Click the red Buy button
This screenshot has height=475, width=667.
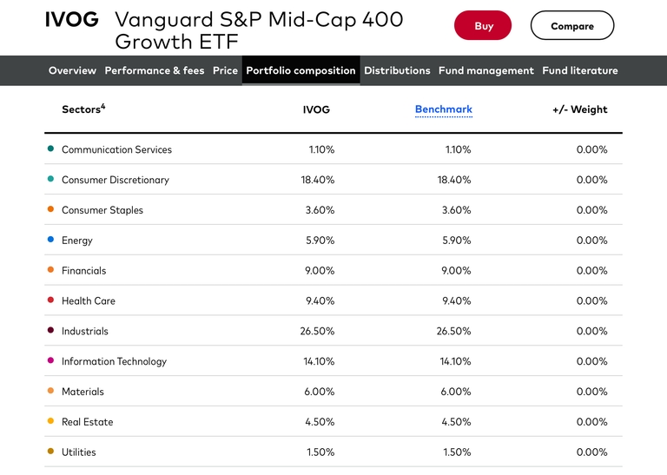[x=483, y=26]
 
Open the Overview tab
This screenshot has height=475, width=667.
[x=72, y=70]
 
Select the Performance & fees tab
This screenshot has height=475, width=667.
[x=155, y=70]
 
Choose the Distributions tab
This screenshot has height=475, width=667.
[x=397, y=70]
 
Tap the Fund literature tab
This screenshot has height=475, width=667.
[x=579, y=70]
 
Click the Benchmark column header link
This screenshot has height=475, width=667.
[x=443, y=109]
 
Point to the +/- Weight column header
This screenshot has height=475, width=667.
[x=579, y=109]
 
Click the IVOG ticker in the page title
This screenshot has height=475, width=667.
[x=72, y=20]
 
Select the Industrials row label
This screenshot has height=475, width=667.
[x=85, y=331]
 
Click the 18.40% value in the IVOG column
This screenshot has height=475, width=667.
[x=317, y=180]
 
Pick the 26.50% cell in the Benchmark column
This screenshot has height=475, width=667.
[x=453, y=331]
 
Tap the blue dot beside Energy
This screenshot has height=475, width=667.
[x=50, y=241]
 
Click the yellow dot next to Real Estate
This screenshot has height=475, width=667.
[x=50, y=422]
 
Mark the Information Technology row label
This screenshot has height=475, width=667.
[x=114, y=361]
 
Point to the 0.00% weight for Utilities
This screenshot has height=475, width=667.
[x=591, y=452]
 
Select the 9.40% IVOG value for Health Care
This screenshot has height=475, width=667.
[x=320, y=300]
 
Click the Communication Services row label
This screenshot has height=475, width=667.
[x=116, y=149]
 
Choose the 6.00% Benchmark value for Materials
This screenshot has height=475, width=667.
[x=455, y=392]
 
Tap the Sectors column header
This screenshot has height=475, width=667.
[x=83, y=109]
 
